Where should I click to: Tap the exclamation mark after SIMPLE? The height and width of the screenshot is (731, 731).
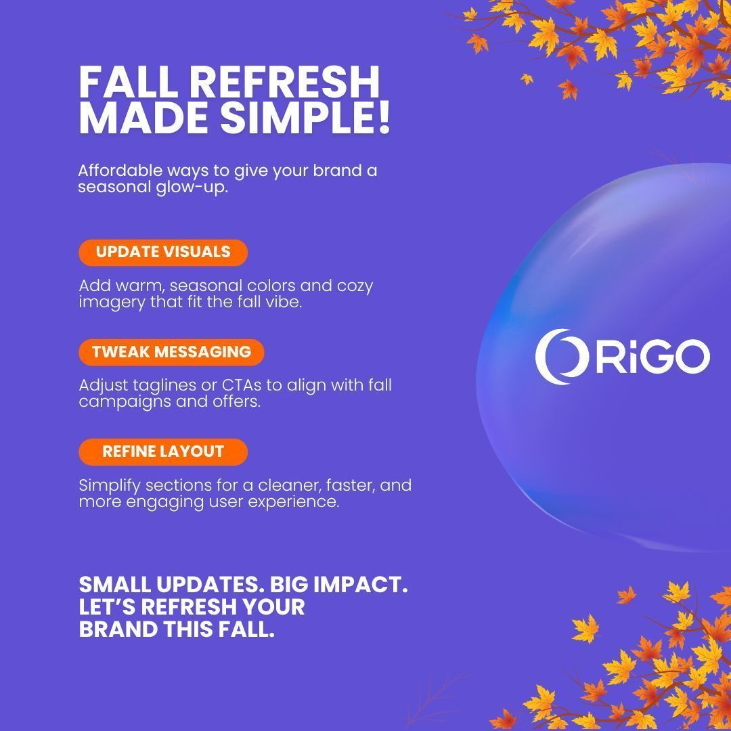[383, 118]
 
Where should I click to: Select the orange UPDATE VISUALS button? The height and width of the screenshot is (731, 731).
[163, 252]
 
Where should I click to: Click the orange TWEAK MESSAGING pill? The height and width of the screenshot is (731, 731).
[171, 352]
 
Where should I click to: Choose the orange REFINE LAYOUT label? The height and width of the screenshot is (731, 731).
[163, 451]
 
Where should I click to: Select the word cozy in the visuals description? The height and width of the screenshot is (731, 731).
[355, 286]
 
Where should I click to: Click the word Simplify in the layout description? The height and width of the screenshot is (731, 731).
[110, 485]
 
